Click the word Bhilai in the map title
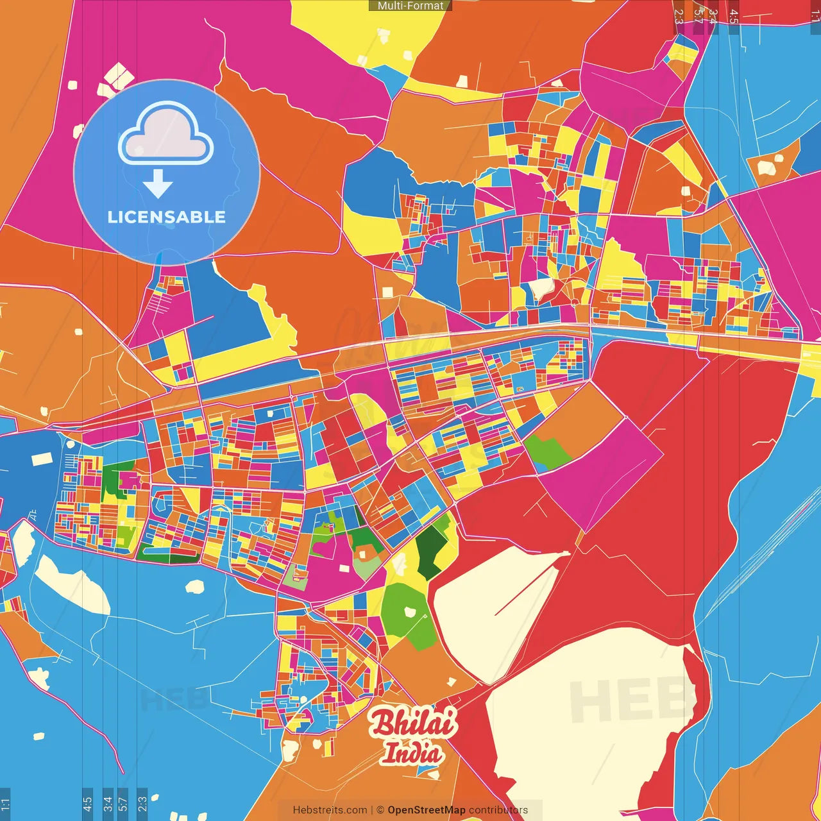413,723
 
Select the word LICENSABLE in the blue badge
167,217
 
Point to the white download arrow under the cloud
158,183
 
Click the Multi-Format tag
410,6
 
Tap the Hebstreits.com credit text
330,810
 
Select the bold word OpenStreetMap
427,810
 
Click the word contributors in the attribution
498,810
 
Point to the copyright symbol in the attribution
380,810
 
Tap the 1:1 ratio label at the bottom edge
5,804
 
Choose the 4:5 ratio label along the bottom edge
87,804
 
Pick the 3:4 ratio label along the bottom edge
107,804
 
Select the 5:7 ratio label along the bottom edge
123,804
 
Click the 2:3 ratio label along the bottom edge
142,804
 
